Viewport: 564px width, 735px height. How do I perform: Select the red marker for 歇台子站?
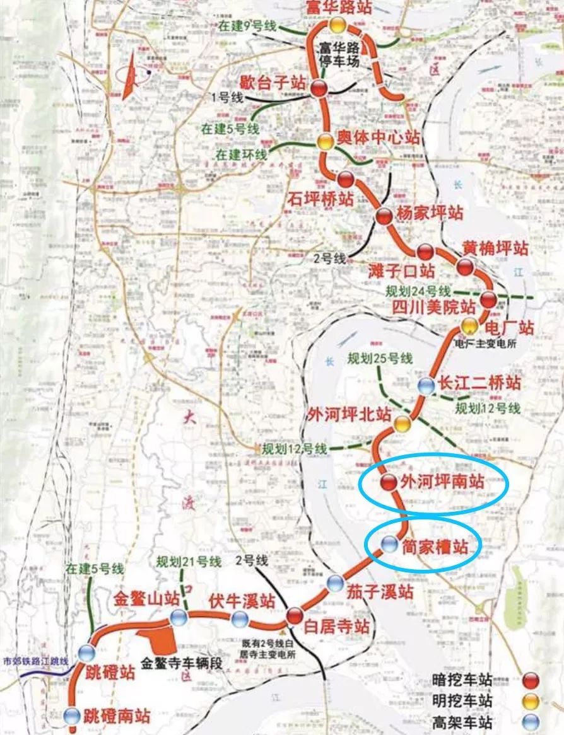point(319,90)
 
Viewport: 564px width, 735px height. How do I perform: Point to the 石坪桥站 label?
point(322,199)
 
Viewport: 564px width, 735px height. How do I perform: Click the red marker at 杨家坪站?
point(384,216)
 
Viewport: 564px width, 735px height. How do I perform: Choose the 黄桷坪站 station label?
point(495,248)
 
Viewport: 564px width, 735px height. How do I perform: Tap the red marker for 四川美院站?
point(488,300)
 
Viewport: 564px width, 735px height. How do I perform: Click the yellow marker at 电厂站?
point(469,326)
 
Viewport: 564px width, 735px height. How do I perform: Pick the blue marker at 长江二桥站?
point(426,386)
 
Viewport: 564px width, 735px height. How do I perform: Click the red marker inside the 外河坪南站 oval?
point(389,483)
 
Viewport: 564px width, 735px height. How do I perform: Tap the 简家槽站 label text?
point(435,547)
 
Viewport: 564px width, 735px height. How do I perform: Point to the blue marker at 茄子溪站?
point(336,583)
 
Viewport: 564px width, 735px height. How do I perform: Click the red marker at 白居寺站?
point(295,615)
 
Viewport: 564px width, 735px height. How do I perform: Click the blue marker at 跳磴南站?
point(73,715)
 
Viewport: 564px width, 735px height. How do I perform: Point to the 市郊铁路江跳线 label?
point(35,663)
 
